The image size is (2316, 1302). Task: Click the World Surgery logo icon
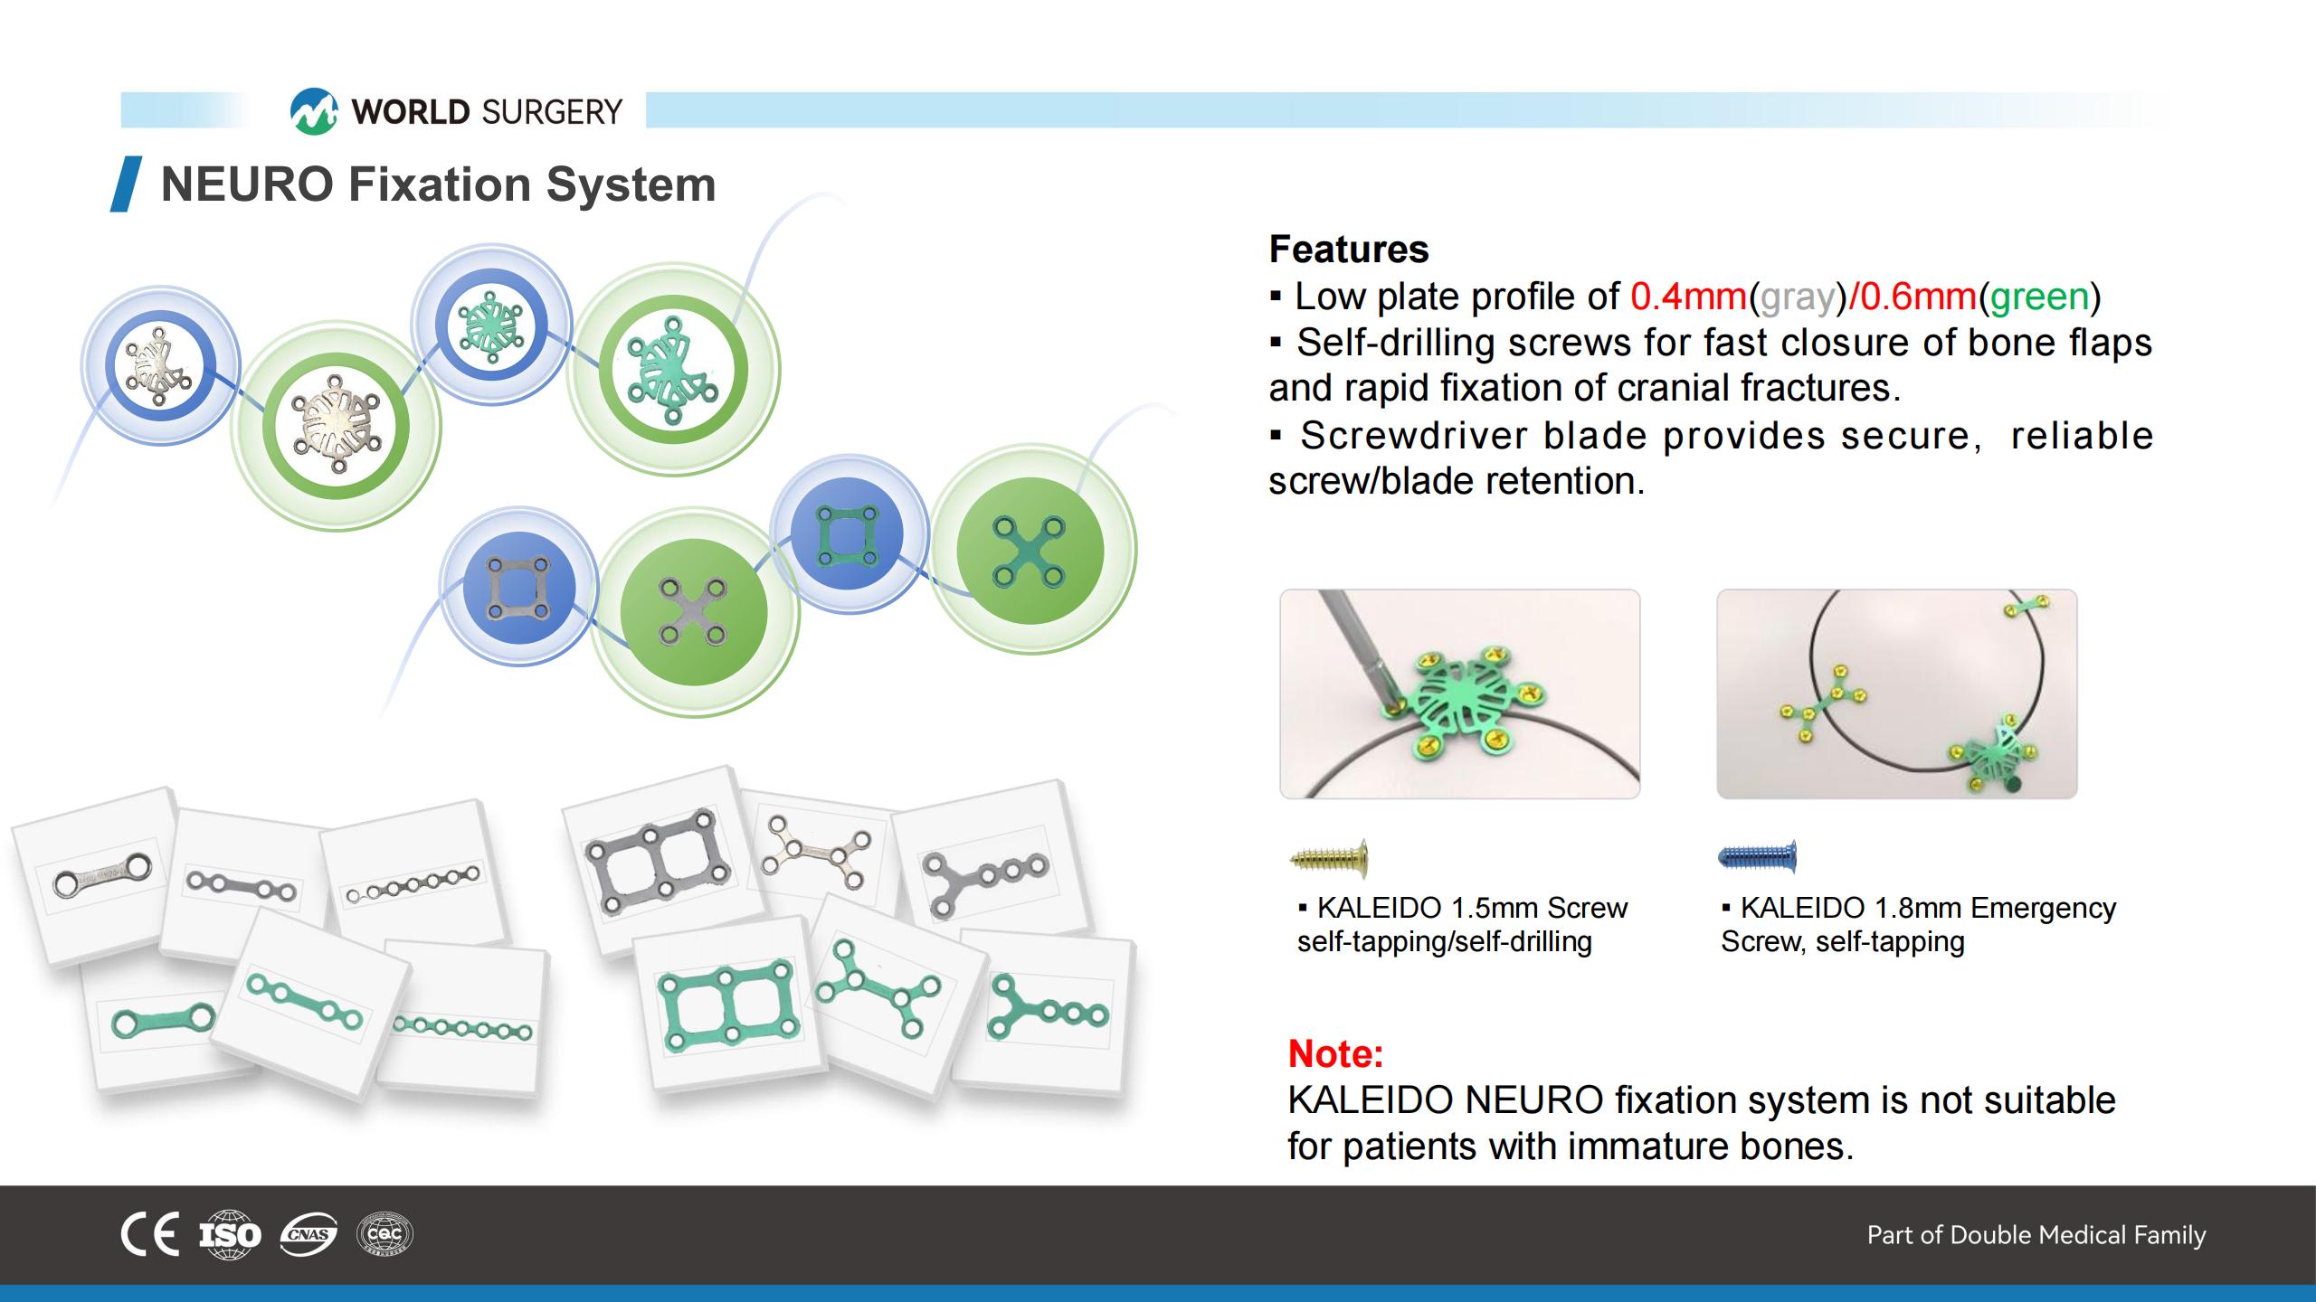tap(313, 111)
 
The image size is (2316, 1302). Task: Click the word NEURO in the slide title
tap(247, 184)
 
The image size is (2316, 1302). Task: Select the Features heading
tap(1348, 249)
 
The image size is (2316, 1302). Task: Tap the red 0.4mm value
tap(1688, 297)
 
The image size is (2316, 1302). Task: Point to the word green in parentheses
tap(2039, 297)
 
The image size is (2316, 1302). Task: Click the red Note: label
tap(1335, 1053)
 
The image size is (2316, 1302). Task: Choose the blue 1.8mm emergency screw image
tap(1758, 856)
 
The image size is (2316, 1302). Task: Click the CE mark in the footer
tap(150, 1234)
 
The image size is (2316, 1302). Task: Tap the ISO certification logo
tap(230, 1234)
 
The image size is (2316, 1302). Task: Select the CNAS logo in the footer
tap(308, 1234)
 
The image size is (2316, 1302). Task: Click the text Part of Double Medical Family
tap(2036, 1235)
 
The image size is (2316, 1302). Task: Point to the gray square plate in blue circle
tap(518, 589)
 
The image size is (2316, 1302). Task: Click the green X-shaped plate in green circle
tap(1029, 551)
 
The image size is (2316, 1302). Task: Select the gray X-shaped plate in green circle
tap(693, 612)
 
